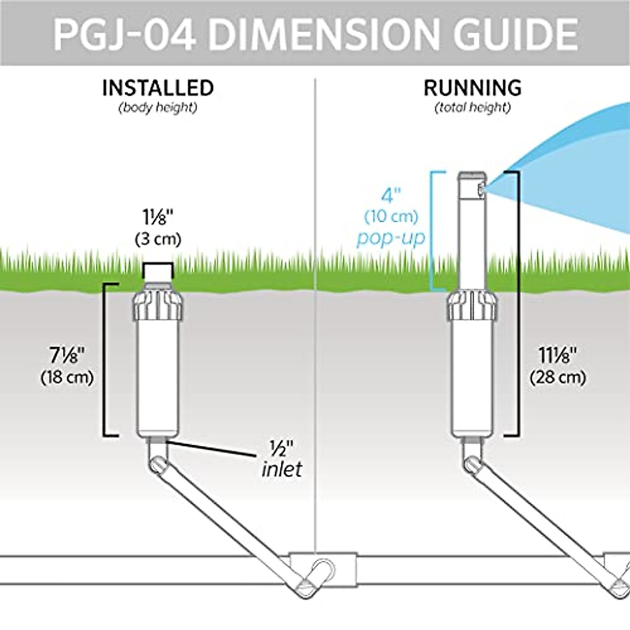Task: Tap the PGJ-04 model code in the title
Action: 124,34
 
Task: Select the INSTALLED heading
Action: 158,88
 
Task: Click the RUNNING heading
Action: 472,88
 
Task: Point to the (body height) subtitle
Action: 158,108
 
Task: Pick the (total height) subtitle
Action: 472,108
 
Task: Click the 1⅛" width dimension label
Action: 157,217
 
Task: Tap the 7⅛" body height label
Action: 67,355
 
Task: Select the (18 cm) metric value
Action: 67,377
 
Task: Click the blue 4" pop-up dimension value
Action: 391,196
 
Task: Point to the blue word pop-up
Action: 391,238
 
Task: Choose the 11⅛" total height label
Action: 558,355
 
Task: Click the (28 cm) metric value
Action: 558,377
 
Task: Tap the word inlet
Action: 282,469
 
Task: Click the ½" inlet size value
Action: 281,448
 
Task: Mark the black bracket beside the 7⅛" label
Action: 105,360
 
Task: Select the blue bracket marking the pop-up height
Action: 433,231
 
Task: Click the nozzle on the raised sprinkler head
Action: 480,190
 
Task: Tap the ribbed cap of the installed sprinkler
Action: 157,304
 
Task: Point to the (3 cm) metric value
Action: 157,239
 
